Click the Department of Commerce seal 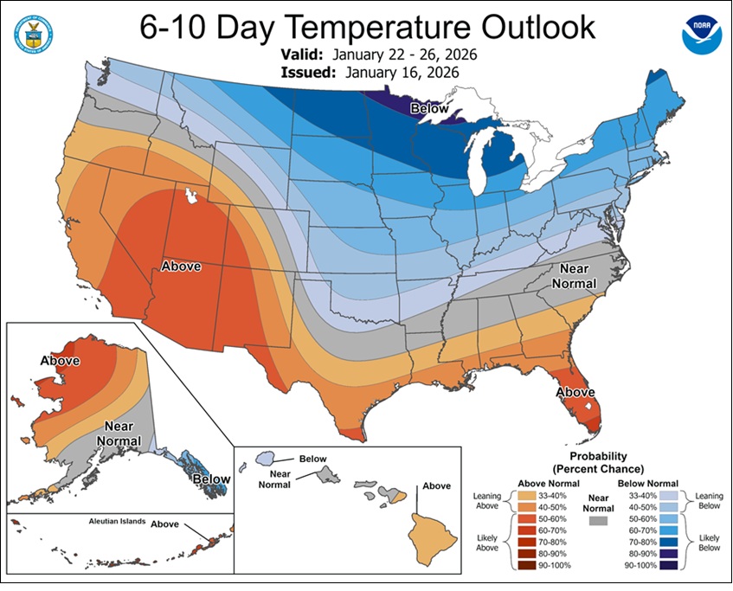[x=32, y=32]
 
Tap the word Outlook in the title [x=527, y=27]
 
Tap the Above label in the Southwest [x=183, y=267]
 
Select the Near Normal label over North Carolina [x=579, y=276]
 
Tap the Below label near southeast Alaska [x=211, y=479]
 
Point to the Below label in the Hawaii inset [x=313, y=458]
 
